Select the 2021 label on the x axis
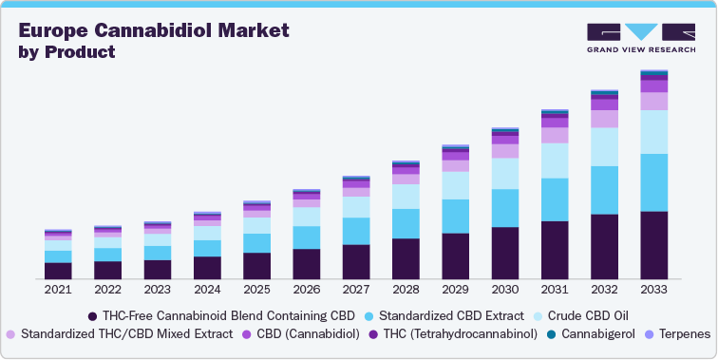tap(58, 290)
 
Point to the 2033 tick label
tap(653, 290)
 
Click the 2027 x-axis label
tap(356, 290)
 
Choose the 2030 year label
tap(505, 290)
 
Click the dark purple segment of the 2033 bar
tap(653, 245)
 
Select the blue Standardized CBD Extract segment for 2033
tap(653, 182)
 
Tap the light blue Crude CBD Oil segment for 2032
tap(604, 147)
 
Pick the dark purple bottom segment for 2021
tap(58, 271)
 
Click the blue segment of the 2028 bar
tap(406, 223)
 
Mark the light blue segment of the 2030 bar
tap(505, 173)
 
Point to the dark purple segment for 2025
tap(256, 266)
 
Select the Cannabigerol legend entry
tap(596, 333)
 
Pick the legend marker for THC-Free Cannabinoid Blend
tap(93, 315)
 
